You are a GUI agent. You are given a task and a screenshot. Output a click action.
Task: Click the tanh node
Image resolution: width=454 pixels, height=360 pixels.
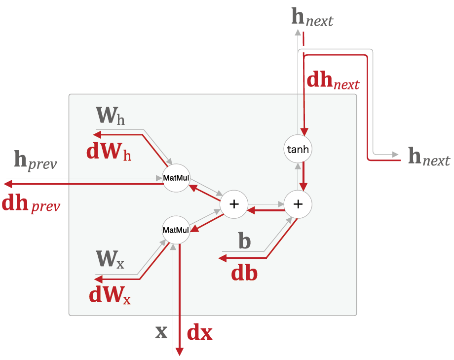click(x=298, y=149)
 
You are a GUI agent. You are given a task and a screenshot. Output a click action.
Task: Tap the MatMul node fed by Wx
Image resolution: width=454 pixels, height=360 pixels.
click(x=176, y=230)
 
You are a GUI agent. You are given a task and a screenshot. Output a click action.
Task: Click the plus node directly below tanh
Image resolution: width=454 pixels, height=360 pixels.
click(x=298, y=203)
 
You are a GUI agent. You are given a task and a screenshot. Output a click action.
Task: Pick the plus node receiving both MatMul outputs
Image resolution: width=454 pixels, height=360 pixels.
click(x=234, y=203)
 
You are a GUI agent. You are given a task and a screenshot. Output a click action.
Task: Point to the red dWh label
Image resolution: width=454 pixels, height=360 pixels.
click(x=109, y=151)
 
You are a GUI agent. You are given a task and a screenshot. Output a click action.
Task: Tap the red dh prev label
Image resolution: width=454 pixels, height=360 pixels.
click(x=31, y=203)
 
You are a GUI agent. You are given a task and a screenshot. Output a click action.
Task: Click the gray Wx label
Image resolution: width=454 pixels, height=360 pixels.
click(x=110, y=258)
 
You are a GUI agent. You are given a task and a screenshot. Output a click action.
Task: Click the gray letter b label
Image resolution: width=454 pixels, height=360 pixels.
click(x=244, y=241)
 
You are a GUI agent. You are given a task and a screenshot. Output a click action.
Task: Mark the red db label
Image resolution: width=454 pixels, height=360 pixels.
click(x=244, y=273)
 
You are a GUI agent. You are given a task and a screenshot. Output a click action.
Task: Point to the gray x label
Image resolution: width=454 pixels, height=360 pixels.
click(x=161, y=332)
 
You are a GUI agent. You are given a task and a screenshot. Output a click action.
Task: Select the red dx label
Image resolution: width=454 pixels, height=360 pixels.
click(x=200, y=333)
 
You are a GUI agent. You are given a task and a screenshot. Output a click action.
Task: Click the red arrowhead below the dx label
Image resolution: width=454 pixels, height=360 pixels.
click(x=180, y=351)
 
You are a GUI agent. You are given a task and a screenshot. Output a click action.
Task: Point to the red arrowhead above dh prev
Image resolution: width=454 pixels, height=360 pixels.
click(x=7, y=184)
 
